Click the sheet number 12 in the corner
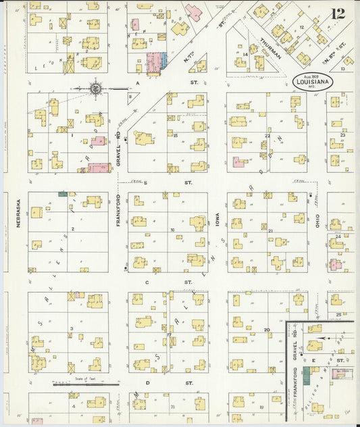(x=338, y=13)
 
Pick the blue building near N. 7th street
(x=163, y=61)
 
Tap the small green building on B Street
(x=63, y=194)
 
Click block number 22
(x=267, y=135)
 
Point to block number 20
(x=267, y=329)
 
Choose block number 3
(x=71, y=328)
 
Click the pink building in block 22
(x=238, y=162)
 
